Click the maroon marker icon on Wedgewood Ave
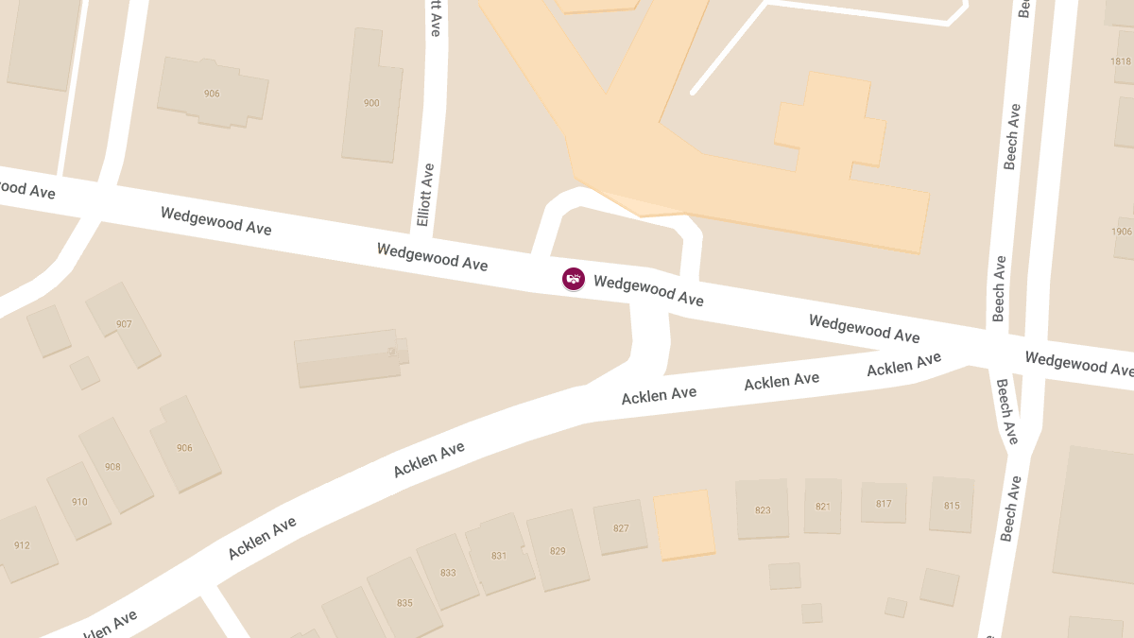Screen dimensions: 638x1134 point(574,279)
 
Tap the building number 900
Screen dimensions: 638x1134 point(371,103)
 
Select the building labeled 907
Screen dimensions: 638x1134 point(124,324)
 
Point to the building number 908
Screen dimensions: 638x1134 point(112,466)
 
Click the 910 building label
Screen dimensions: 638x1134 point(79,502)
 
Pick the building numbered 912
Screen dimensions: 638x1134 point(22,545)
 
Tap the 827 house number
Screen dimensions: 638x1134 point(621,528)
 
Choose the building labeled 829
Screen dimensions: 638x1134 point(558,551)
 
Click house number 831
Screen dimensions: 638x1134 point(499,556)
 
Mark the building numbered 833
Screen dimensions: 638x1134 point(448,573)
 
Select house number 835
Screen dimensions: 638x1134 point(404,603)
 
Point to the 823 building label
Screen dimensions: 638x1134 point(763,510)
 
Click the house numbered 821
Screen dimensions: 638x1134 point(823,507)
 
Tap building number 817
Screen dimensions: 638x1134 point(884,504)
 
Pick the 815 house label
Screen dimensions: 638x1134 point(952,506)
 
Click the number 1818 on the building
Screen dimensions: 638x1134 point(1121,61)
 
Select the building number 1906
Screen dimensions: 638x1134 point(1122,232)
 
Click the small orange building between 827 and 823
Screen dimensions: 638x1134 point(684,525)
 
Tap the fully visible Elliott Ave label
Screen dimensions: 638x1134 point(426,196)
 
